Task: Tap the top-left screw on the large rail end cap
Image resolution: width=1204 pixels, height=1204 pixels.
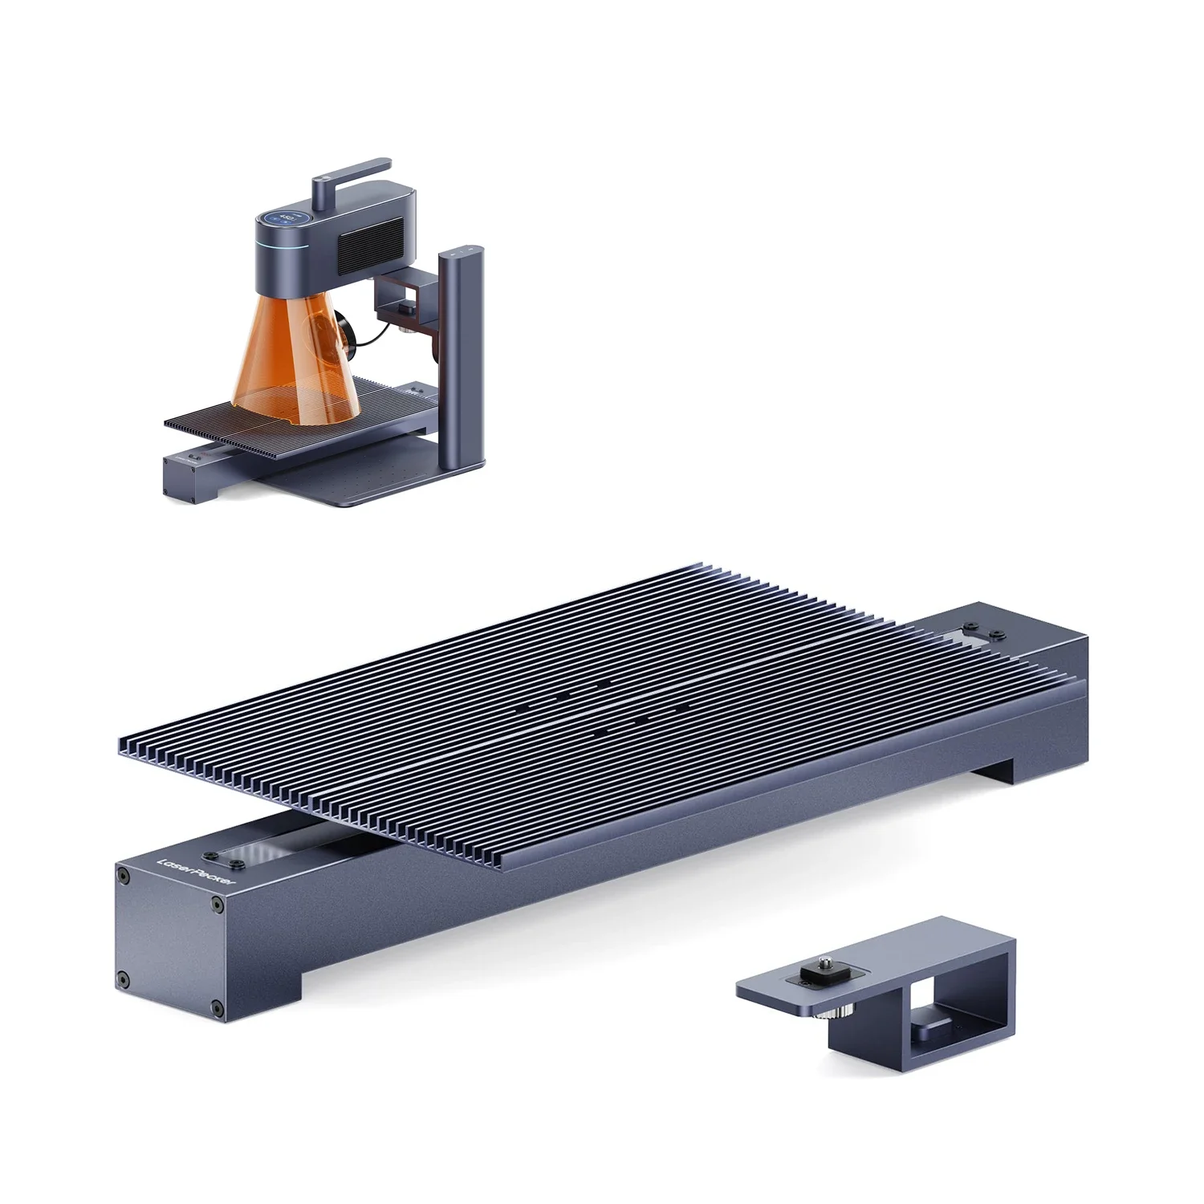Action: click(x=124, y=873)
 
